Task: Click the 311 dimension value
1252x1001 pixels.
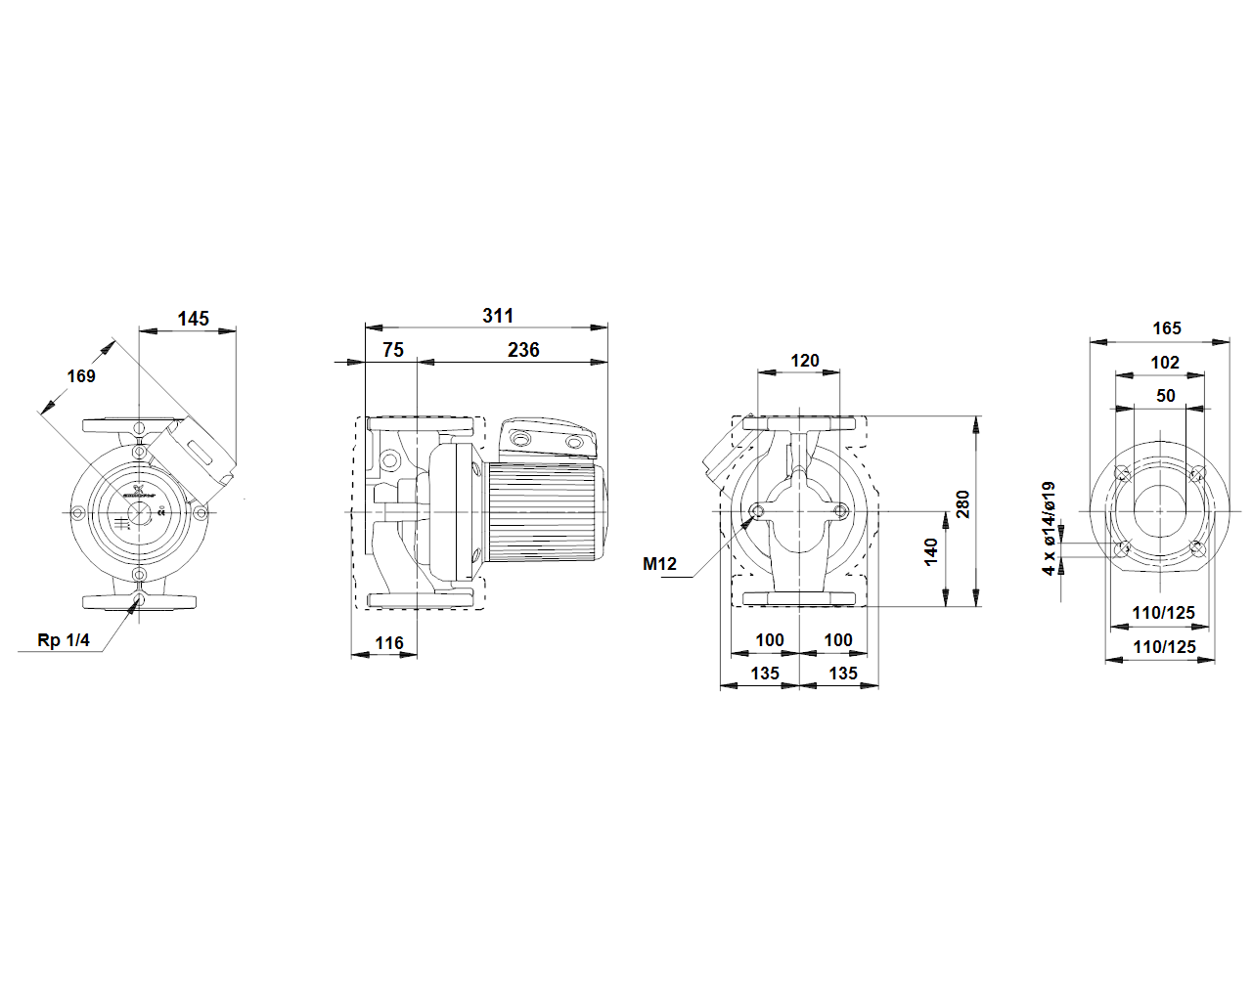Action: [x=498, y=316]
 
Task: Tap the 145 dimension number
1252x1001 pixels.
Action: [x=193, y=319]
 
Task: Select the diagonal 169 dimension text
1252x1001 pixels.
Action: [x=81, y=376]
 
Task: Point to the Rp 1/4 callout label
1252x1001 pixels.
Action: [x=64, y=640]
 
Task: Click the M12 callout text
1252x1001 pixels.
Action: [x=659, y=564]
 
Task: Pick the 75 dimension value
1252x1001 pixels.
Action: [x=393, y=350]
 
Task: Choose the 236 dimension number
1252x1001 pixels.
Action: [x=523, y=350]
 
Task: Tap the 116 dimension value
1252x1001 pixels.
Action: [x=388, y=643]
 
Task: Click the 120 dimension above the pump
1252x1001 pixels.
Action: [x=805, y=361]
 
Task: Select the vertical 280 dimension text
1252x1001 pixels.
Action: [x=963, y=504]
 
